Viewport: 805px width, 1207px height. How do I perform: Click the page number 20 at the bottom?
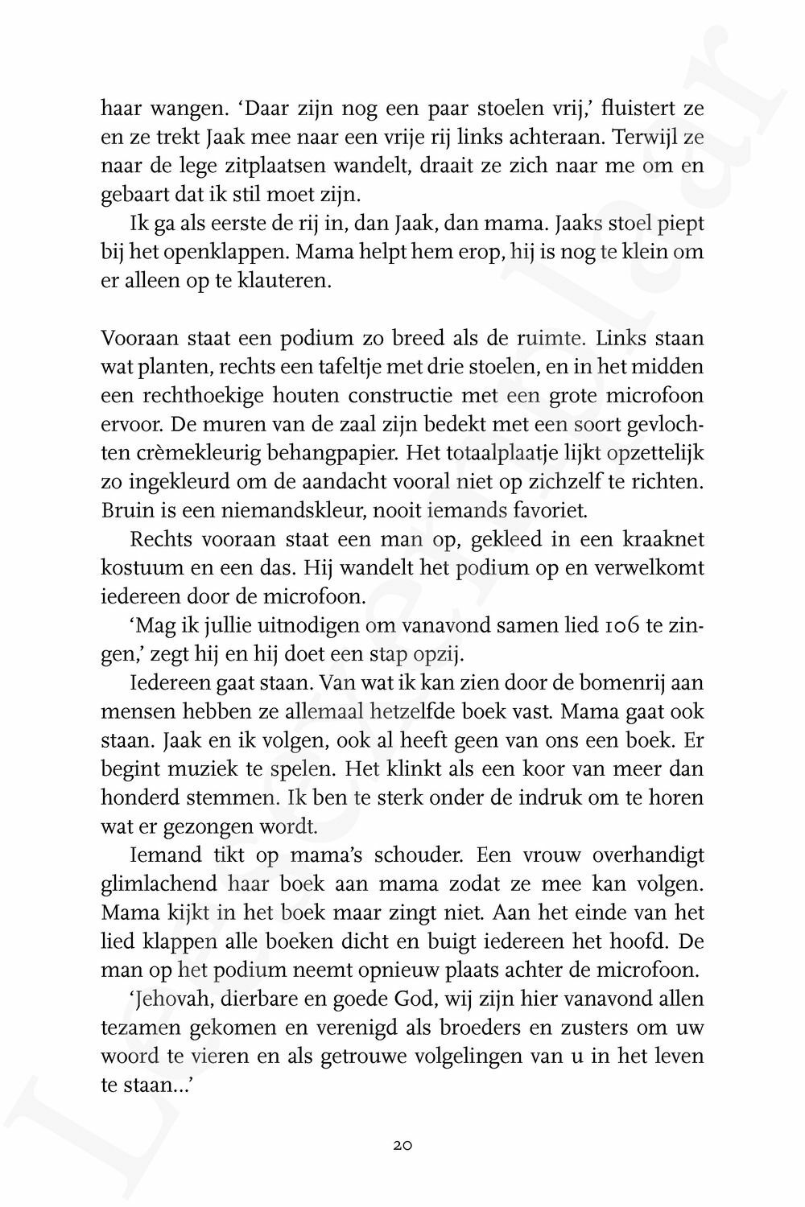point(403,1144)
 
